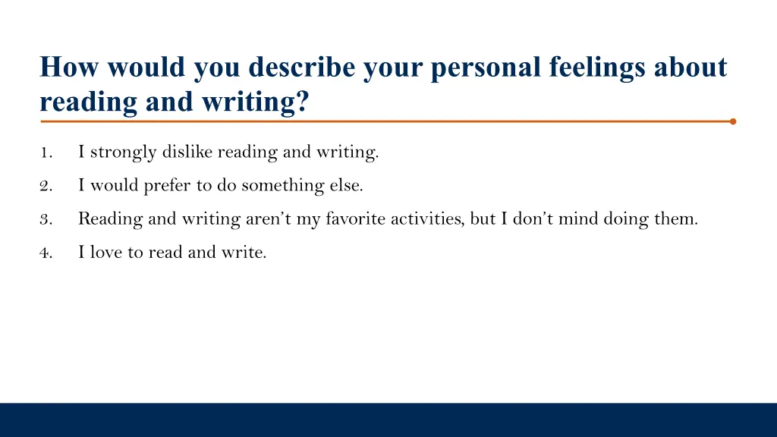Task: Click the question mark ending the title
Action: coord(304,102)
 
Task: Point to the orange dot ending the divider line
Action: coord(732,121)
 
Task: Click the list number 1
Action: coord(46,152)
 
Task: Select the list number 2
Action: coord(46,186)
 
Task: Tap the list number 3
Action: coord(46,220)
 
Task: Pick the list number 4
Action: coord(46,253)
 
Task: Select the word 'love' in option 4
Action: coord(106,253)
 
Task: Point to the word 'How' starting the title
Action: coord(71,68)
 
